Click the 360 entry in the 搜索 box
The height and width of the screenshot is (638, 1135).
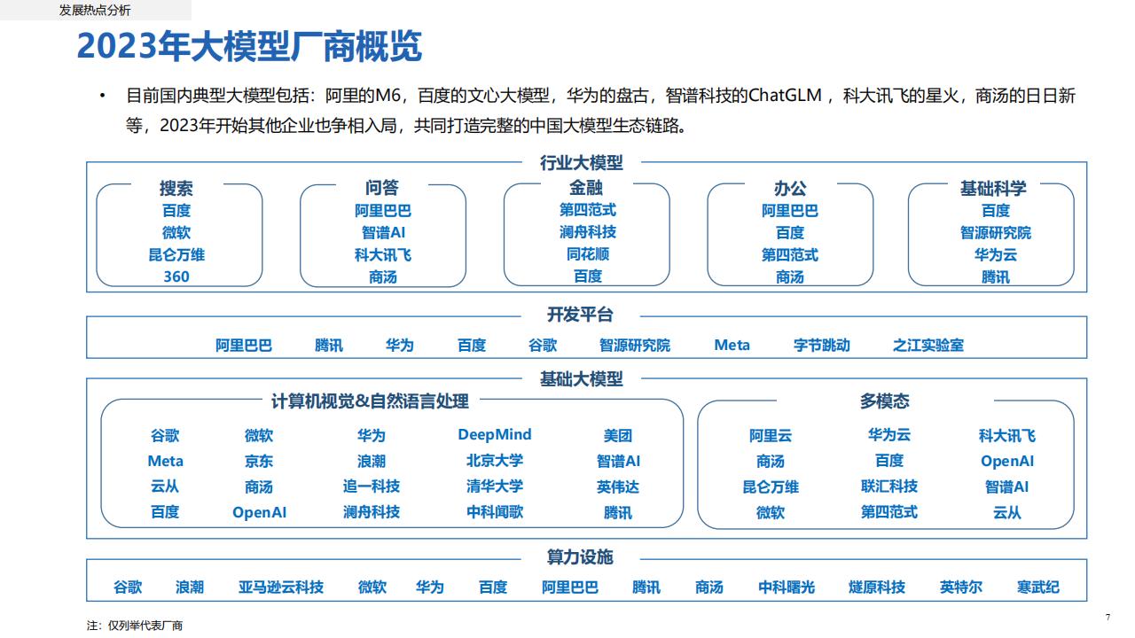[176, 276]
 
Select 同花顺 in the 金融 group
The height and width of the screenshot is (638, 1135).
[587, 253]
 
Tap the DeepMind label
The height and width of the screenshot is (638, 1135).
[495, 434]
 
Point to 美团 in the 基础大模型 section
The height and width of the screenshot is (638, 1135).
[618, 435]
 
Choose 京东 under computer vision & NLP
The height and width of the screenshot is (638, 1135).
[259, 462]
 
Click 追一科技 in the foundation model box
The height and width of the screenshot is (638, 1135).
[372, 486]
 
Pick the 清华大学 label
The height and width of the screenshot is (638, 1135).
[495, 486]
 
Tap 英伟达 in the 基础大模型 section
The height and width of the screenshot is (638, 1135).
[618, 487]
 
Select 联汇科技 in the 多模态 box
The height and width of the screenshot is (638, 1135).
[889, 486]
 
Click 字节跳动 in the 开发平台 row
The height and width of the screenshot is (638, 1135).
[821, 346]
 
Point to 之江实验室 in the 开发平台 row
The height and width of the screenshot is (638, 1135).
[928, 346]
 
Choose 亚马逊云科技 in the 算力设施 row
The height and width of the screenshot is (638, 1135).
[281, 587]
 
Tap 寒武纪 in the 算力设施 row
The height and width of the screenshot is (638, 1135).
[1037, 587]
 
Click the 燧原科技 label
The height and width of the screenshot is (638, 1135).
[877, 587]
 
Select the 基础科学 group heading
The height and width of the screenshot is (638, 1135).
[993, 189]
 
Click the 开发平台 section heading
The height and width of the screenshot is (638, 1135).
[580, 315]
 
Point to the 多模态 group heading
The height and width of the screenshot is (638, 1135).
[885, 401]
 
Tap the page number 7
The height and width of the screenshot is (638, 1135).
[1108, 618]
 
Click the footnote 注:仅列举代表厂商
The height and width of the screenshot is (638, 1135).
[134, 626]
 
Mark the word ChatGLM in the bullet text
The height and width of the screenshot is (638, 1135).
[785, 96]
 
